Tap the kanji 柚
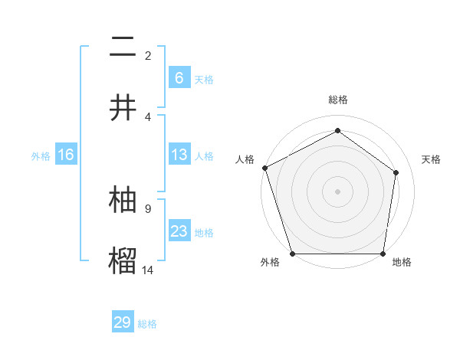click(x=123, y=199)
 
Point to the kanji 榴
click(x=123, y=259)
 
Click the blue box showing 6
click(x=179, y=78)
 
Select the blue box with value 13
click(x=179, y=155)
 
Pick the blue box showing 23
click(x=179, y=231)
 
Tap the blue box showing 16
click(x=66, y=155)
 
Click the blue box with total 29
click(x=123, y=322)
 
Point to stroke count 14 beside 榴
click(x=148, y=269)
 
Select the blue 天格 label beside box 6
click(x=204, y=80)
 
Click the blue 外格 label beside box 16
click(x=41, y=156)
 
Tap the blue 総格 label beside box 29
click(x=147, y=324)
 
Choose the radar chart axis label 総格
click(x=338, y=100)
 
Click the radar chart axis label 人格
click(x=245, y=159)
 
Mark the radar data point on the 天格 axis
click(x=396, y=172)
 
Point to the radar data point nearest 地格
click(x=383, y=254)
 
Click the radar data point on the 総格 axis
click(x=337, y=131)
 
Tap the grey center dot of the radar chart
click(x=337, y=191)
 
